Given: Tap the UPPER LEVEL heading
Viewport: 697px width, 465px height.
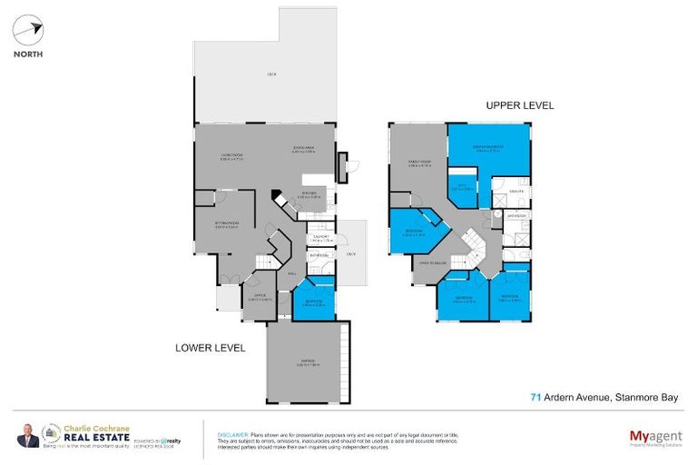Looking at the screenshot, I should (x=518, y=106).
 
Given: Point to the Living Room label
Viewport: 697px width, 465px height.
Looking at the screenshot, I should (x=231, y=157).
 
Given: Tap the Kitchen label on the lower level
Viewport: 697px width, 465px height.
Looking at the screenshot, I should (x=309, y=193).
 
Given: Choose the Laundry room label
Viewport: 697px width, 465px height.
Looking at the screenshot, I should (x=320, y=238).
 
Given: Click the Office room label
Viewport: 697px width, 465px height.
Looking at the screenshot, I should (x=260, y=297).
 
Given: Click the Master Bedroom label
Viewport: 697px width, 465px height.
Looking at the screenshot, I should (x=488, y=150).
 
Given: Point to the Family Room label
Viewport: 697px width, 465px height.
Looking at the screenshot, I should (x=418, y=163).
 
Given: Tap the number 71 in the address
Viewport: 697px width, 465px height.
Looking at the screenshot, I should (x=535, y=396).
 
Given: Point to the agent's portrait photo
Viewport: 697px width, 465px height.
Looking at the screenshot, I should (x=27, y=437).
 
